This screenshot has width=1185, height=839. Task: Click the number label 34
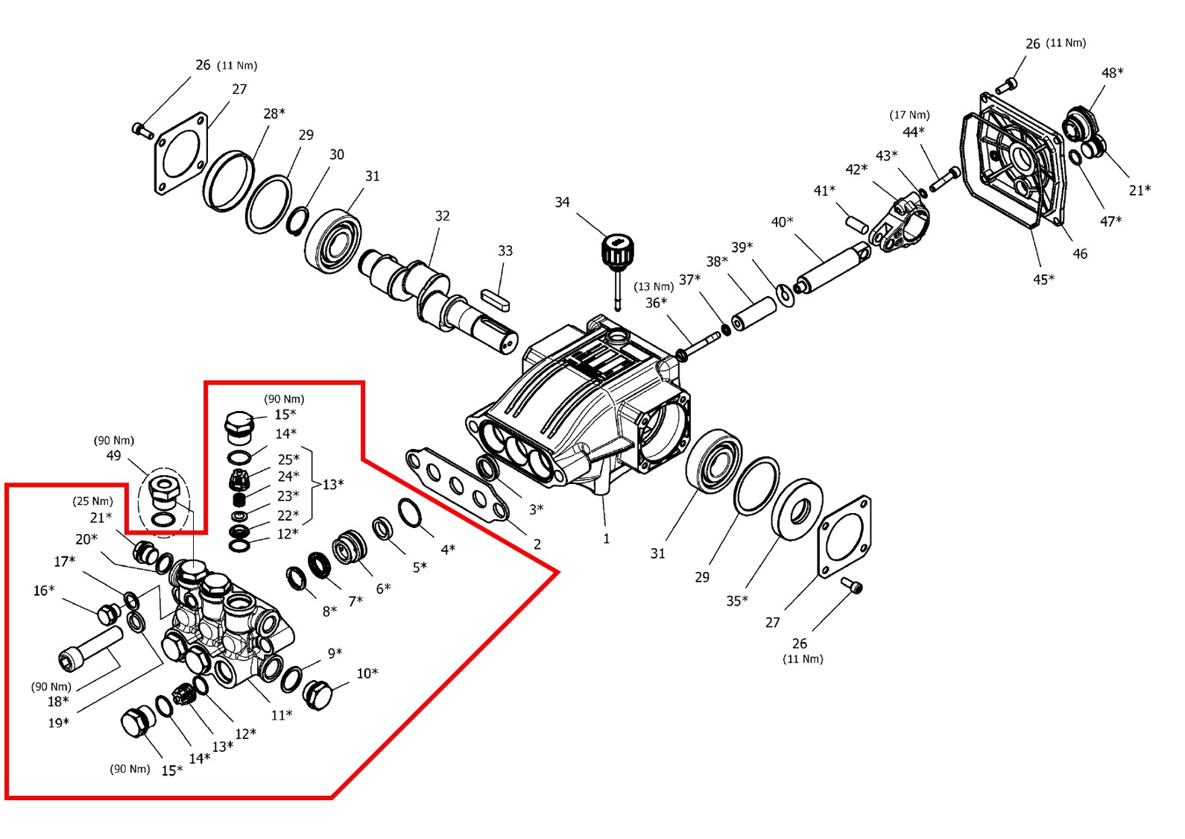click(562, 202)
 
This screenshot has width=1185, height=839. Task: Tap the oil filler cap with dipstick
click(617, 254)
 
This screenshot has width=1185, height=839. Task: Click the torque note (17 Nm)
click(909, 115)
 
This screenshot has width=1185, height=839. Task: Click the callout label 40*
click(782, 222)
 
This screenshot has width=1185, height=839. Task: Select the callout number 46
click(1080, 254)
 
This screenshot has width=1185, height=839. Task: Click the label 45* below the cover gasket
click(1043, 280)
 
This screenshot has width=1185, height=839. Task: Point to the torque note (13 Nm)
click(654, 287)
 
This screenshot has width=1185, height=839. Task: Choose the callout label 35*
click(737, 600)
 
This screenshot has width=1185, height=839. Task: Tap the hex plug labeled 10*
click(317, 695)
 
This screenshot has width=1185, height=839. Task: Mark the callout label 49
click(113, 455)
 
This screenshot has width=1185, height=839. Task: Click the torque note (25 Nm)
click(92, 501)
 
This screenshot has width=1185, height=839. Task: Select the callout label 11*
click(281, 715)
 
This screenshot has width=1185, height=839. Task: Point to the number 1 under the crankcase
click(606, 538)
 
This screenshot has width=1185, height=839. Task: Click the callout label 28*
click(274, 113)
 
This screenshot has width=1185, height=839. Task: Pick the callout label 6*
click(383, 588)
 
